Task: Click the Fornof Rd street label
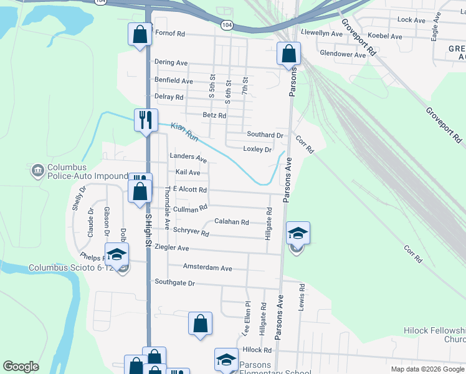170,34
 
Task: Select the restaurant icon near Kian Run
145,119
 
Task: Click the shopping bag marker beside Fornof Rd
140,34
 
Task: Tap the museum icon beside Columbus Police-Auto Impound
36,169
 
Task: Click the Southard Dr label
265,135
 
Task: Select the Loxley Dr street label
257,150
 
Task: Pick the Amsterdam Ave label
207,268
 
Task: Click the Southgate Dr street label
175,283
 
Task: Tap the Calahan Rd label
232,222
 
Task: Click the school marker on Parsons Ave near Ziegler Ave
298,234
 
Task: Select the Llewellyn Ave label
322,33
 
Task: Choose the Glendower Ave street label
342,55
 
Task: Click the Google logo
21,367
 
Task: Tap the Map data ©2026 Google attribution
427,369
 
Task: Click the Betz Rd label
214,115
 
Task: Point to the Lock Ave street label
411,20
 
